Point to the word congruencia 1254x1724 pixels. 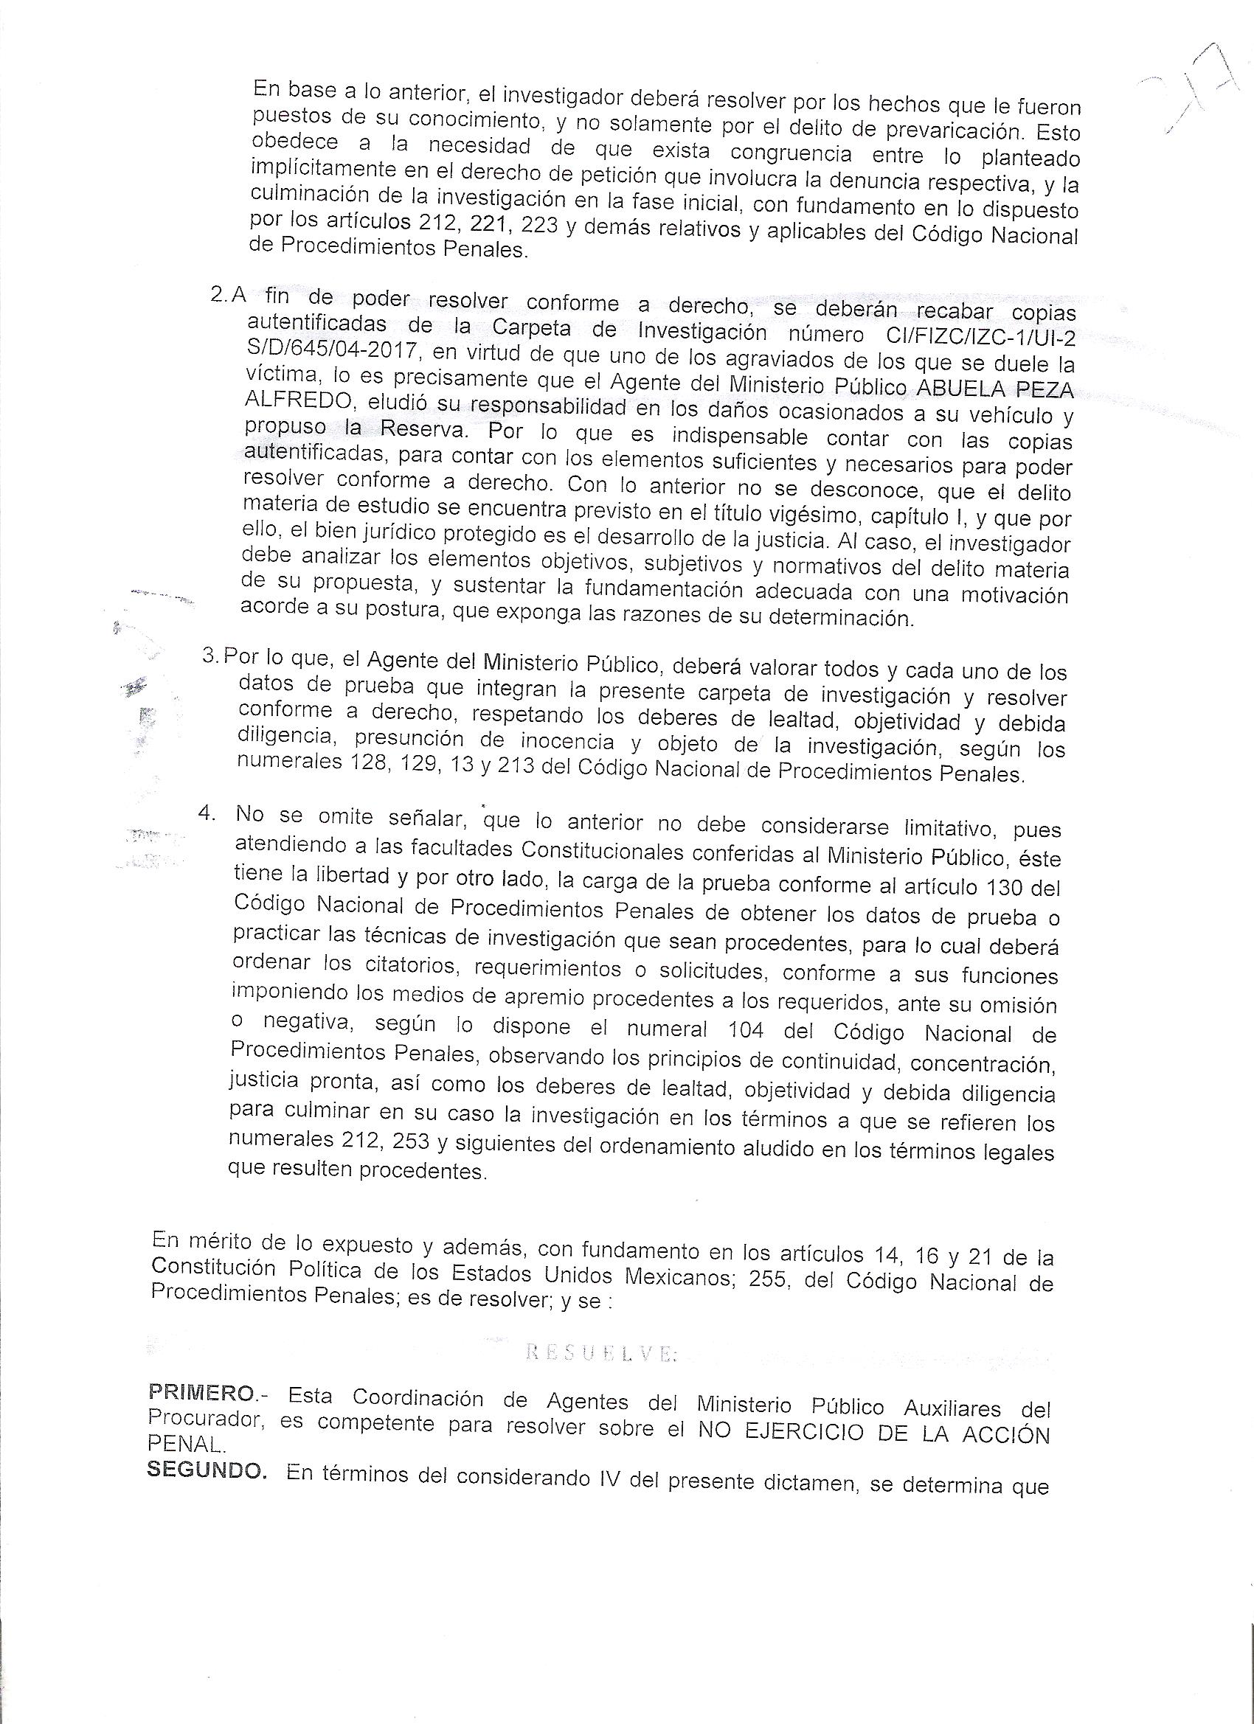tap(791, 153)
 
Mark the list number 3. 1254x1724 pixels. tap(209, 656)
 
